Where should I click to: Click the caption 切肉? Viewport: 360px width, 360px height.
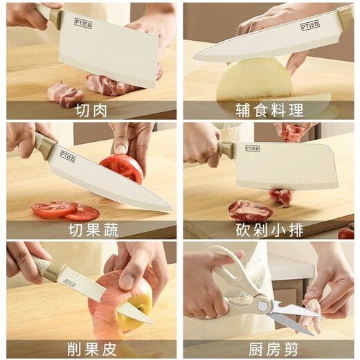coord(91,110)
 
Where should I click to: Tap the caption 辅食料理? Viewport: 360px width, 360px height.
coord(268,110)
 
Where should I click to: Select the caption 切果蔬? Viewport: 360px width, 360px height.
coord(91,230)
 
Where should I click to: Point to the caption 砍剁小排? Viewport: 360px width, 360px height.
coord(268,230)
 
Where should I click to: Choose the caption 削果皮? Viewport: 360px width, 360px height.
coord(91,349)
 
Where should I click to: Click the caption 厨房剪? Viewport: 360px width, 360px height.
coord(268,349)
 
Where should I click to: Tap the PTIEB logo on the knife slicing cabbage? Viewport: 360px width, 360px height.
coord(309,25)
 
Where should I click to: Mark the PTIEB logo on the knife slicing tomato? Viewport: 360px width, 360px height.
coord(67,155)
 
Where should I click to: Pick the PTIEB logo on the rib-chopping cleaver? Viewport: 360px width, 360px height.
coord(252,148)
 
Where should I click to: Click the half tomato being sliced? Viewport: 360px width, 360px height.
coord(123,168)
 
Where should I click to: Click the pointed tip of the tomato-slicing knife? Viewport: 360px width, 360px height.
coord(170,209)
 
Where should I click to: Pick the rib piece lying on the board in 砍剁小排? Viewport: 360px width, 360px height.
coord(249,209)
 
